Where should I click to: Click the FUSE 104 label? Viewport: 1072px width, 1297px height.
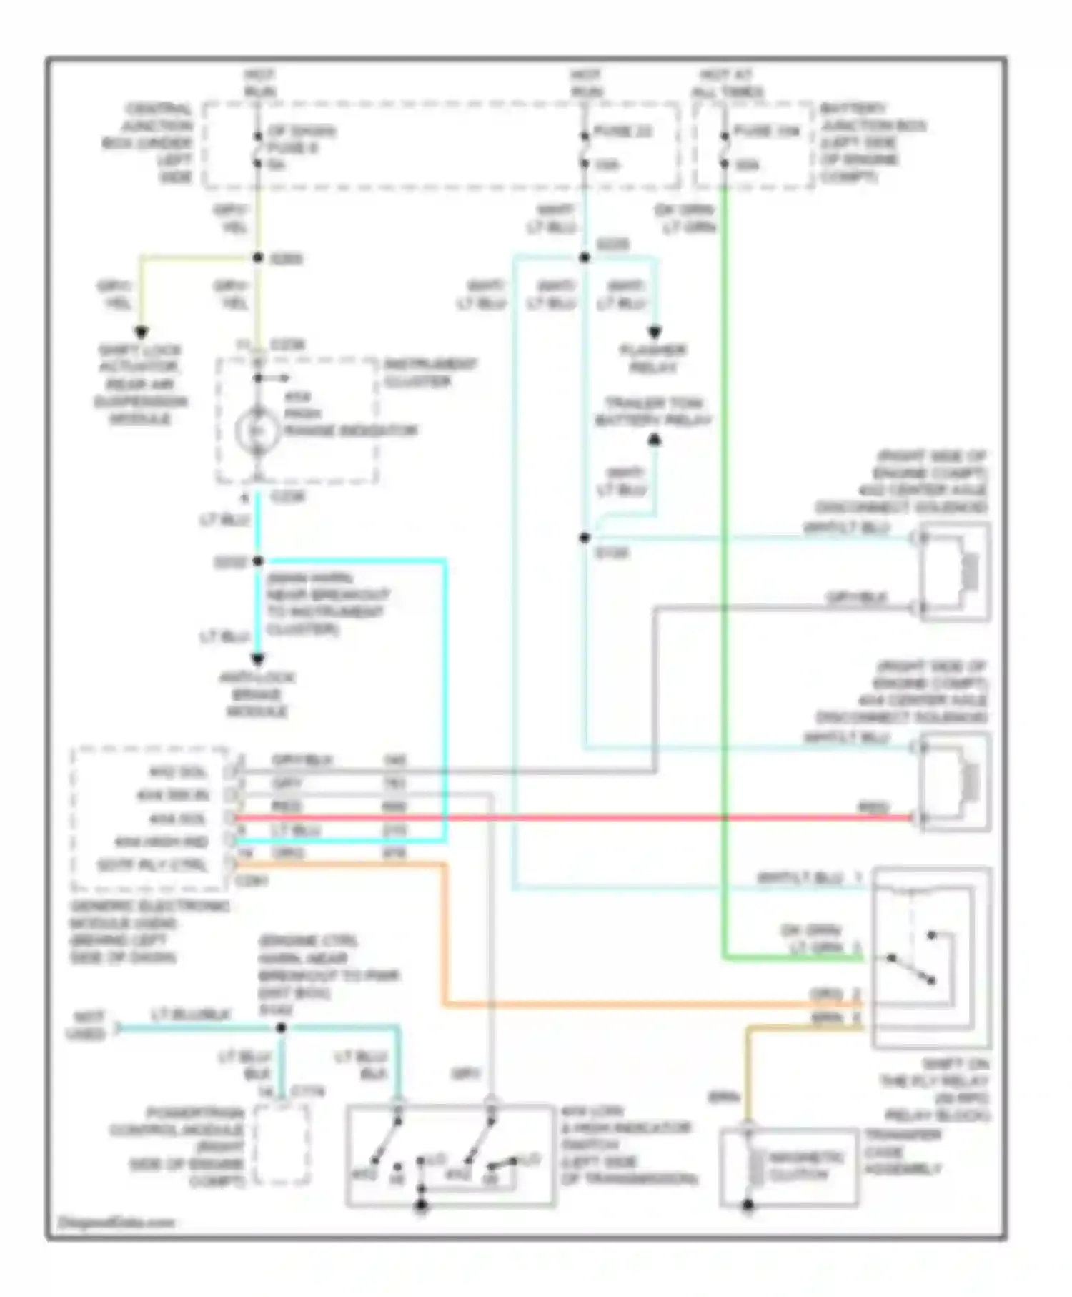[765, 131]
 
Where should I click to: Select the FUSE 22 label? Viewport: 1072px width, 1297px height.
[622, 132]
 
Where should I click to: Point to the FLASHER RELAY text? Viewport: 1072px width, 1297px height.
[653, 358]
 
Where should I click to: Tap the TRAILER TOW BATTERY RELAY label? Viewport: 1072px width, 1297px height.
[653, 411]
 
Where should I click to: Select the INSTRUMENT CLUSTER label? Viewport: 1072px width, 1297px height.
[430, 372]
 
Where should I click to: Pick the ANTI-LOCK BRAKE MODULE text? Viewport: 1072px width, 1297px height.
[257, 694]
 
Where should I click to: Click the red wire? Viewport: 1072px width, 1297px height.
[572, 817]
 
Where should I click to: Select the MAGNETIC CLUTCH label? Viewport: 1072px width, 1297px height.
[807, 1165]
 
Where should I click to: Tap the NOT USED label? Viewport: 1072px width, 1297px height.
[86, 1025]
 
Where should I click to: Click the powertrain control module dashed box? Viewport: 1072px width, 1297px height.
[282, 1144]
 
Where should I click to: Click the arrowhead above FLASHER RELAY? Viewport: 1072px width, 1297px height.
[654, 332]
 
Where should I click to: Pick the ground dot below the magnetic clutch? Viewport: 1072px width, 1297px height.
[748, 1205]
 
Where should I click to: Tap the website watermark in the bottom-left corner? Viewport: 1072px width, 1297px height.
[116, 1222]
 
